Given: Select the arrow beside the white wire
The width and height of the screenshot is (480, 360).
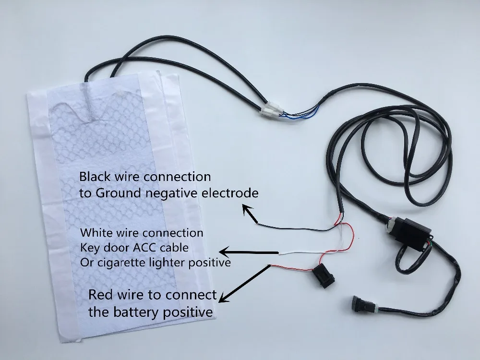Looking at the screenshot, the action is pos(249,252).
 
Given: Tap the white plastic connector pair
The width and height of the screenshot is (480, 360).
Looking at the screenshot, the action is pos(272,109).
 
